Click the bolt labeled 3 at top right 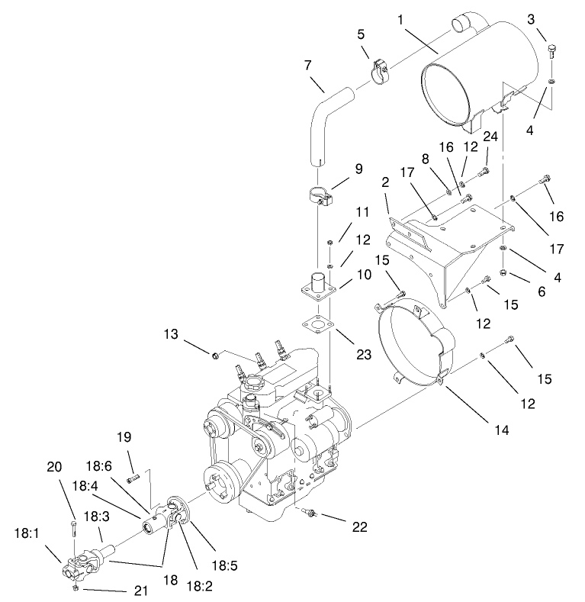[551, 51]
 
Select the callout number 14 [499, 430]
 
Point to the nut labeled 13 [217, 354]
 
